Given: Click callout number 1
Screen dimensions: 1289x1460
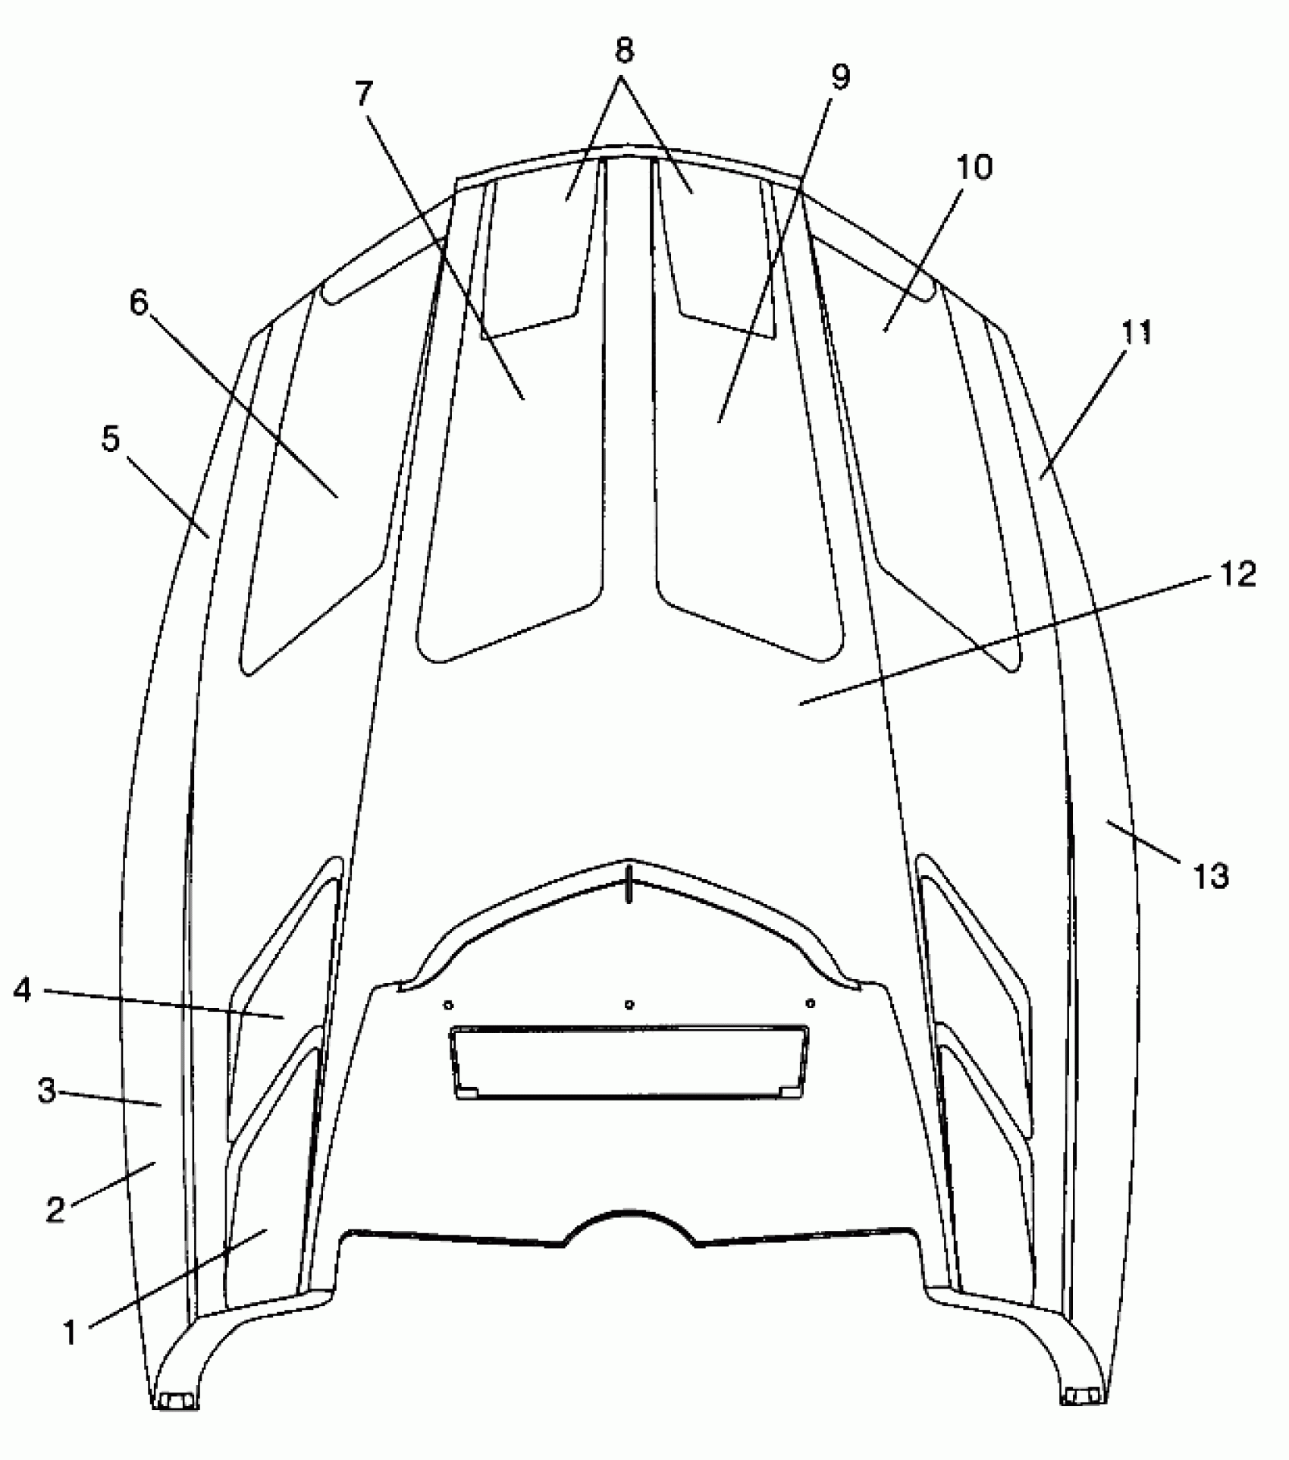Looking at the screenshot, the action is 70,1332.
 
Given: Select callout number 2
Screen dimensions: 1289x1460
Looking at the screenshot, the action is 55,1208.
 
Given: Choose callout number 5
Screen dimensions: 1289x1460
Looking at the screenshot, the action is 111,438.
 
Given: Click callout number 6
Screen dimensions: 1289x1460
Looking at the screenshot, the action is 140,303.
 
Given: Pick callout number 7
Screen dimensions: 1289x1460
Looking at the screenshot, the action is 364,93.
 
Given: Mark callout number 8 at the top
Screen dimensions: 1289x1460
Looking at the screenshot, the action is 623,52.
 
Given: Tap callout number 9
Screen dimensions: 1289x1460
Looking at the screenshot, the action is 839,76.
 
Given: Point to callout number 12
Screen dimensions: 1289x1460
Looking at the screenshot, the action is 1237,574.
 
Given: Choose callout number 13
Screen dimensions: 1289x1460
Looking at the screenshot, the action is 1211,876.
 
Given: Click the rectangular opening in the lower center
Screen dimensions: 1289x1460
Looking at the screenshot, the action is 629,1063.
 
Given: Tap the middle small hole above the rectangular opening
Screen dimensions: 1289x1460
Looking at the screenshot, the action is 629,1005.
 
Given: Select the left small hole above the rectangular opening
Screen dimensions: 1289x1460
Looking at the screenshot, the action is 449,1005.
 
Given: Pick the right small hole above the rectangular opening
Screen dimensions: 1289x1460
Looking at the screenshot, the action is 811,1003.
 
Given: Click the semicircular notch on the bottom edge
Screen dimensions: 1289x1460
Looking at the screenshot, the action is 630,1237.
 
